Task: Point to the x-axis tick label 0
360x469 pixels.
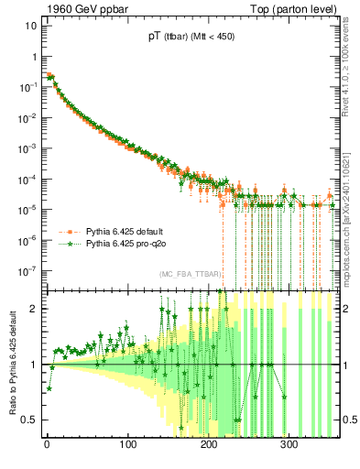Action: click(x=47, y=444)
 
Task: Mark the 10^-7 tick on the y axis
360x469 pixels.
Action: click(x=27, y=271)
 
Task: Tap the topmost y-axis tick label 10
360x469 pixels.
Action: click(x=30, y=25)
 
